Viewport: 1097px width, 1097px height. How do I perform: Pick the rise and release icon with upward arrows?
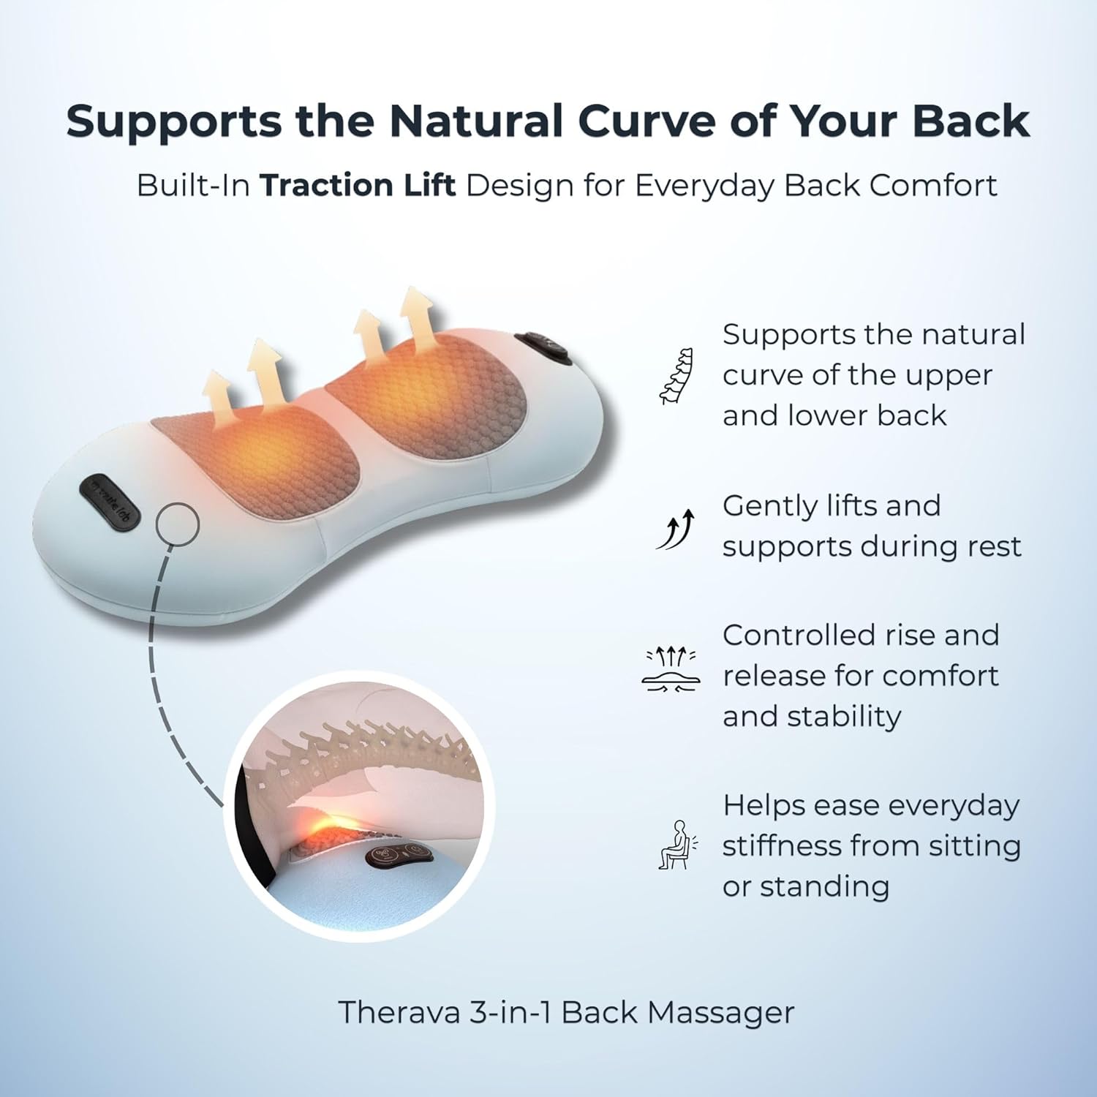[671, 668]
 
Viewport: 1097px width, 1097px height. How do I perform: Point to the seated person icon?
[677, 845]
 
